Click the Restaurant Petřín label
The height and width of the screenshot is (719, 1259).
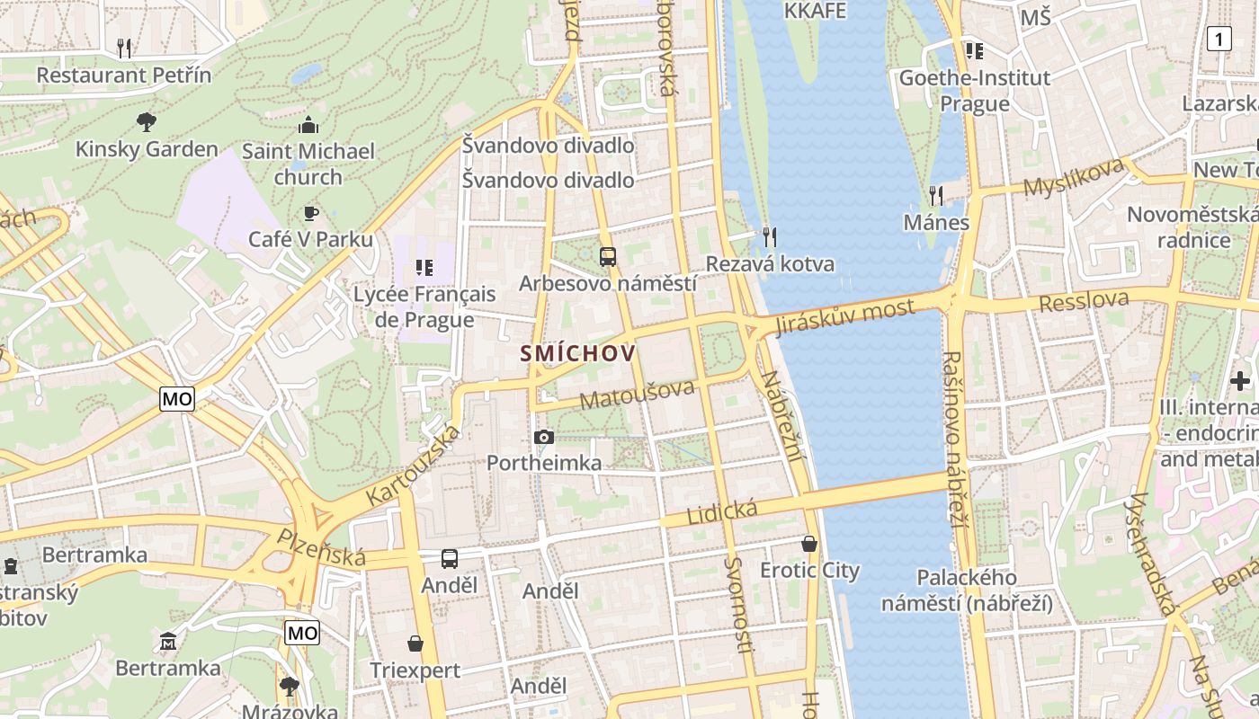click(124, 75)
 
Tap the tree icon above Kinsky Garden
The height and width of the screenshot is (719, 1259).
click(146, 121)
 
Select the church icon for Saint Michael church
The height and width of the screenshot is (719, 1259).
click(308, 125)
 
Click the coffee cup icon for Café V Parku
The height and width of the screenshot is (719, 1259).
click(310, 213)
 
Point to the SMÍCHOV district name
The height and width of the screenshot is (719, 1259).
click(577, 353)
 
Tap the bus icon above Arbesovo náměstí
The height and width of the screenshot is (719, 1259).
click(608, 257)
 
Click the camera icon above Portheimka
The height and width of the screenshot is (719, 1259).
click(543, 437)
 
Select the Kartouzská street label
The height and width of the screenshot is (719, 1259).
click(414, 465)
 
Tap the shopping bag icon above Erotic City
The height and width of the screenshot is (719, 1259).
click(809, 544)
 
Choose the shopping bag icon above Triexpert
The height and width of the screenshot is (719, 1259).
click(415, 644)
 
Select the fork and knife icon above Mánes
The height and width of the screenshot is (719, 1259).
click(936, 195)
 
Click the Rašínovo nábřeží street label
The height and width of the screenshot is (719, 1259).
click(954, 438)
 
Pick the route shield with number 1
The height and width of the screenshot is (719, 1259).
click(1219, 39)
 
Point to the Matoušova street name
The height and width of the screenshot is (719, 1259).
click(638, 395)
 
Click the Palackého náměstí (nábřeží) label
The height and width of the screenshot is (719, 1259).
click(967, 590)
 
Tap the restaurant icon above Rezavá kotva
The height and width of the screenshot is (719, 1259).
click(769, 237)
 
